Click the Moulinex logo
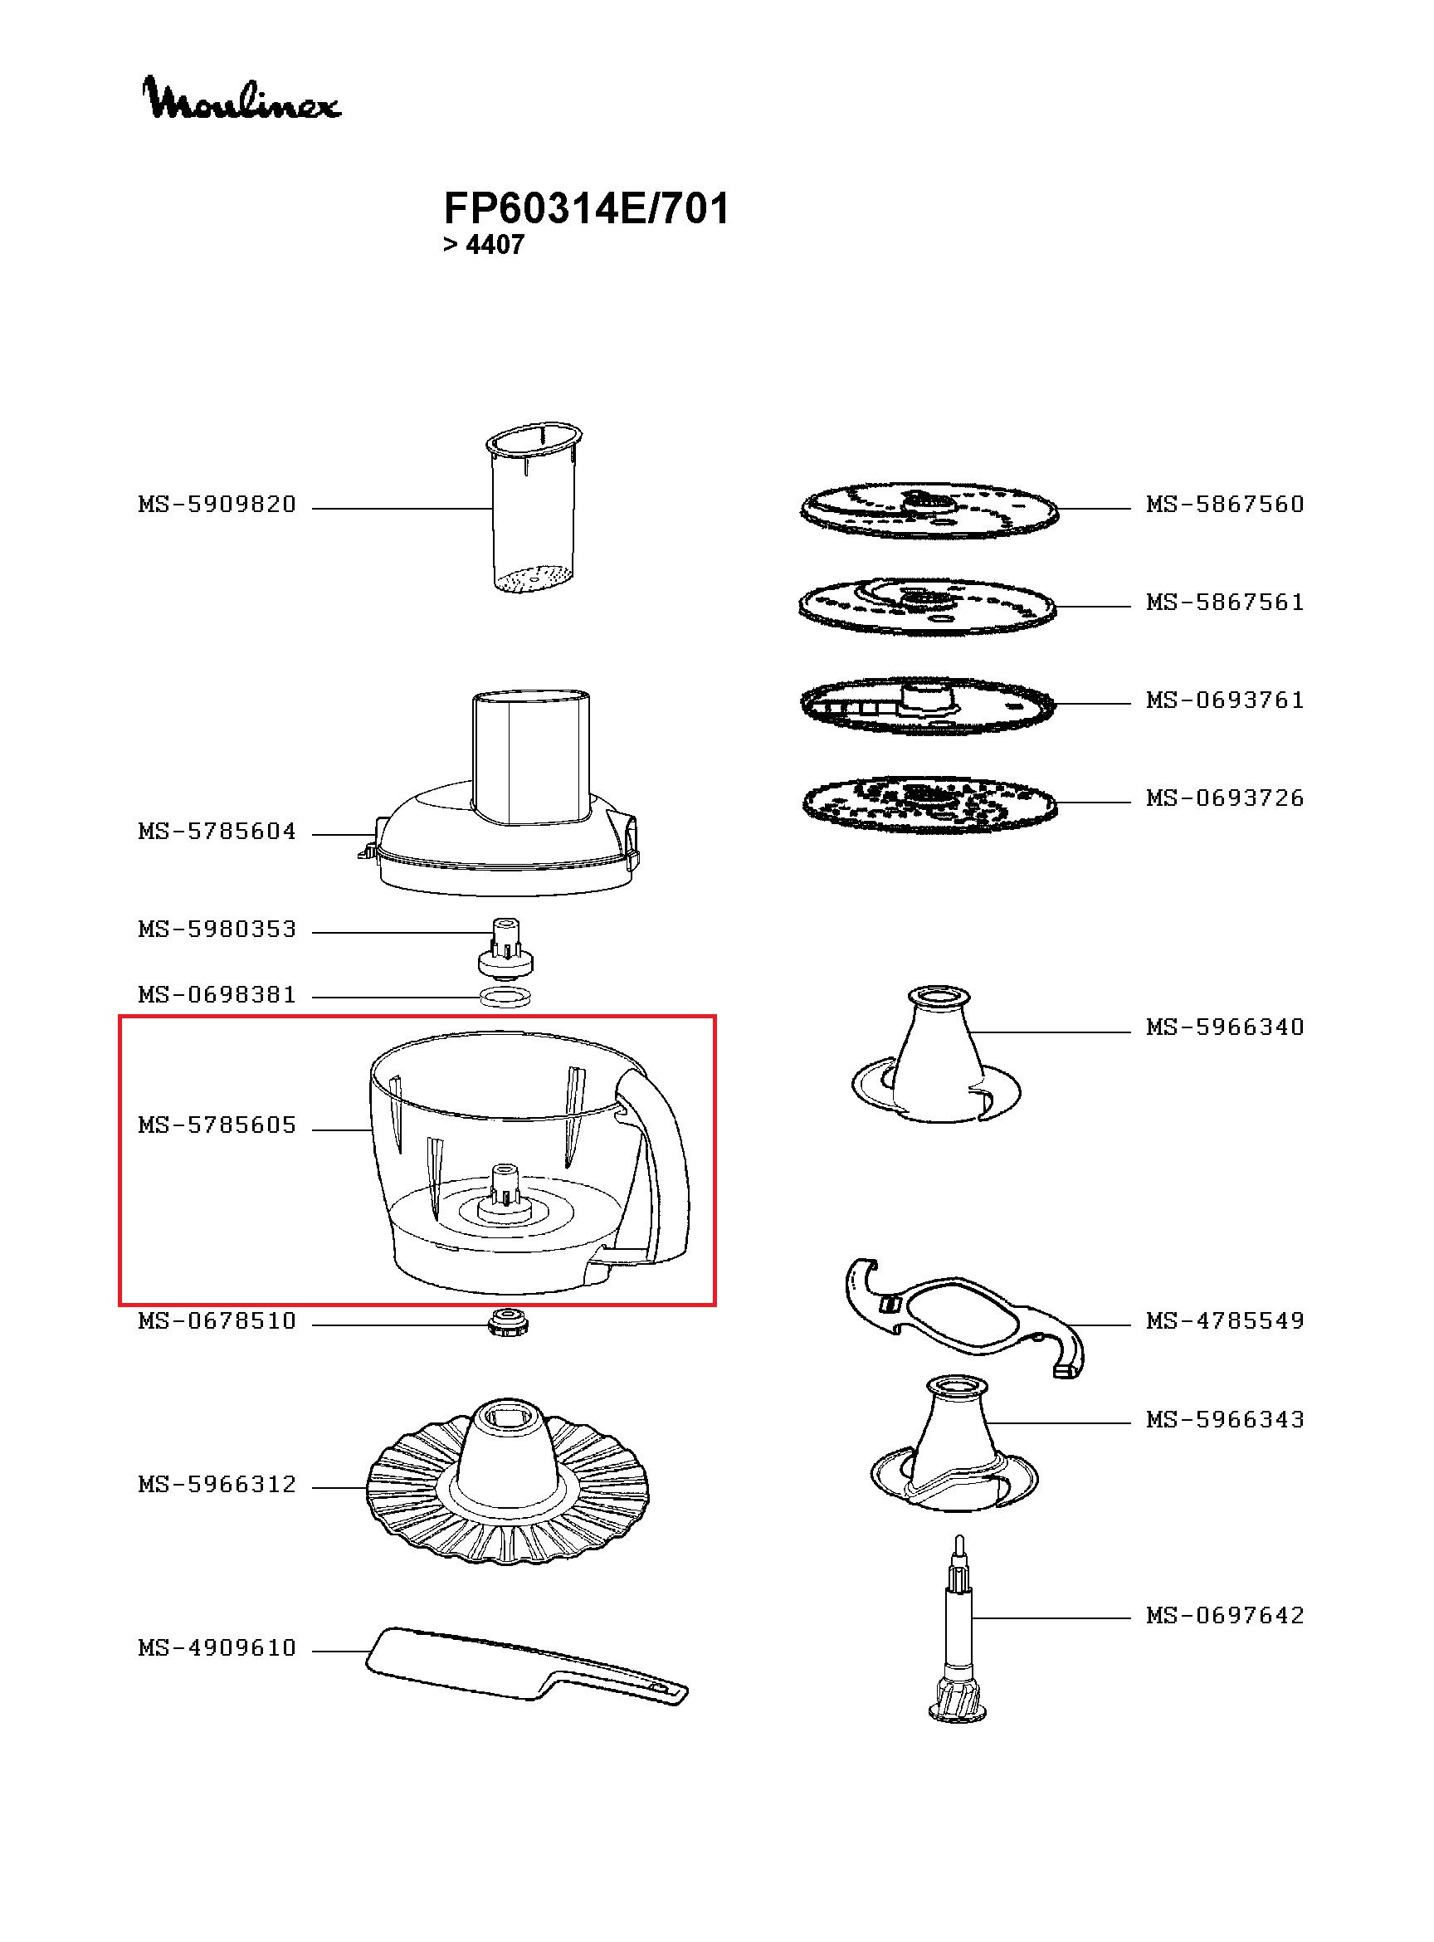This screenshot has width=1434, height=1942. (x=241, y=98)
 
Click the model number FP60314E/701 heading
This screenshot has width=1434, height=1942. (x=586, y=209)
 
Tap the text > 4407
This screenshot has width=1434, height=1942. (x=483, y=246)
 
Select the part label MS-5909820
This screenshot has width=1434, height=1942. (x=217, y=505)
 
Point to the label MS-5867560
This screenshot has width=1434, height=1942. (x=1224, y=505)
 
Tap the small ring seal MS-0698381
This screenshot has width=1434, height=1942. (x=505, y=998)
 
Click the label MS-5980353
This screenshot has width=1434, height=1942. (x=217, y=930)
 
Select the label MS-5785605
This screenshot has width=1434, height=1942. (x=217, y=1125)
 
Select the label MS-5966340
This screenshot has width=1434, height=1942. (x=1224, y=1027)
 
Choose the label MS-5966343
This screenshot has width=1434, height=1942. (x=1224, y=1419)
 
